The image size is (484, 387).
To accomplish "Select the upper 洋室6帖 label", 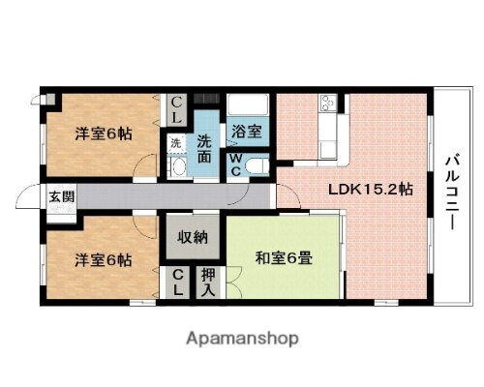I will point(104,134).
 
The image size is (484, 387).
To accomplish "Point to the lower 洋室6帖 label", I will point(104,258).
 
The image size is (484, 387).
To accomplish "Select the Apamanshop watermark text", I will point(242,339).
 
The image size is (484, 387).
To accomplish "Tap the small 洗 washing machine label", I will point(175,143).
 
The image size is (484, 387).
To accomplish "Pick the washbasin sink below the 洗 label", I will point(176,165).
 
